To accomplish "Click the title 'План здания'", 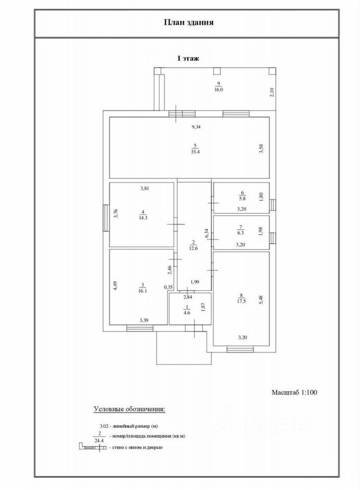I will pyautogui.click(x=188, y=22).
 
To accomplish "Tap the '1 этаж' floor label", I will pyautogui.click(x=187, y=59).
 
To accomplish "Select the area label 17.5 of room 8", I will pyautogui.click(x=240, y=301).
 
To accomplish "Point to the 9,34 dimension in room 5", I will pyautogui.click(x=196, y=127).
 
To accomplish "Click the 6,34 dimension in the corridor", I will pyautogui.click(x=206, y=233).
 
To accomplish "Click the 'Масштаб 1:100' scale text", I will pyautogui.click(x=294, y=393).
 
